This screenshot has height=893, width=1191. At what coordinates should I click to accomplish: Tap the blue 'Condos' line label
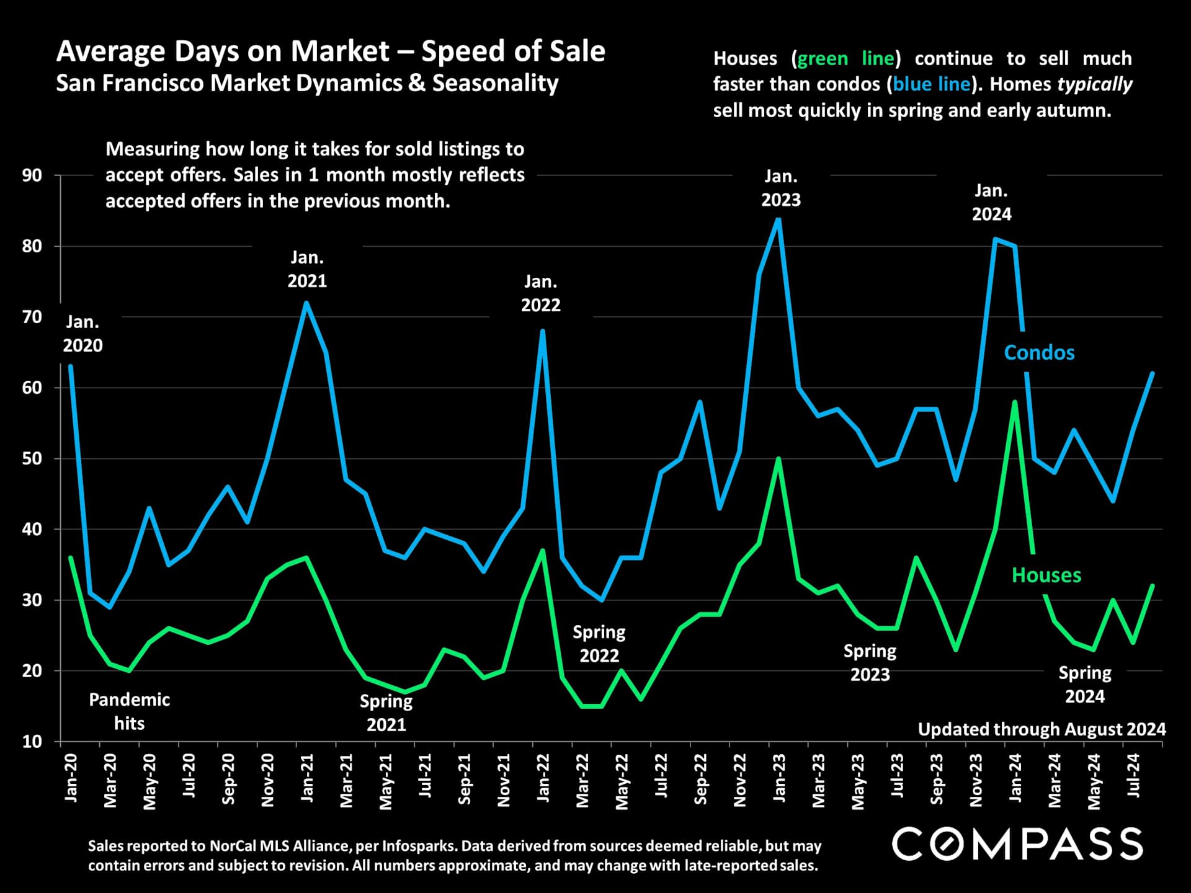tap(1039, 353)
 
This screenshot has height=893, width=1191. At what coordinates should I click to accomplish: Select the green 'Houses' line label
tap(1046, 575)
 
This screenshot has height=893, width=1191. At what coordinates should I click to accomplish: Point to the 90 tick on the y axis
tap(32, 175)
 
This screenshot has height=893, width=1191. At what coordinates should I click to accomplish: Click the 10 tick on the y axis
tap(32, 742)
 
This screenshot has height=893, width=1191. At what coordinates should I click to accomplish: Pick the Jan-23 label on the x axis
tap(779, 778)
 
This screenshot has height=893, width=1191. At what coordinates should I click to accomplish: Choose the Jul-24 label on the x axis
tap(1133, 776)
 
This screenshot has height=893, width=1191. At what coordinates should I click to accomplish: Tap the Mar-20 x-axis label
tap(110, 781)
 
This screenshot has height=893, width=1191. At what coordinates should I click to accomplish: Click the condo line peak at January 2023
tap(778, 219)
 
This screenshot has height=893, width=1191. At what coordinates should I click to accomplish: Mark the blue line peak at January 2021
tap(306, 303)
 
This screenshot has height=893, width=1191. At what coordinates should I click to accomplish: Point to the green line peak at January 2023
tap(778, 459)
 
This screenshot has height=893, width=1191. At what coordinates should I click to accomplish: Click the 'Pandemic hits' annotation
tap(129, 711)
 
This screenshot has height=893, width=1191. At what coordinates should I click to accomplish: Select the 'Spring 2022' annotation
tap(599, 644)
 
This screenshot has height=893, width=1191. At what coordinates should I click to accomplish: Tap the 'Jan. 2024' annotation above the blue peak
tap(991, 202)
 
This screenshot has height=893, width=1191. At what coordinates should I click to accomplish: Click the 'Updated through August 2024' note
tap(1042, 729)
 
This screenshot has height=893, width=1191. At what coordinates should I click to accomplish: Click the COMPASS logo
tap(1017, 844)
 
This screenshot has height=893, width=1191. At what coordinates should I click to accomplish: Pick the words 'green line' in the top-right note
tap(845, 58)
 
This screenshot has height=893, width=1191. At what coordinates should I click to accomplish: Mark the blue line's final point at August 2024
tap(1153, 373)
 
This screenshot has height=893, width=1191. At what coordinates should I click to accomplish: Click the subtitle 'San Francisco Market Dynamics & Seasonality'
tap(307, 83)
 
